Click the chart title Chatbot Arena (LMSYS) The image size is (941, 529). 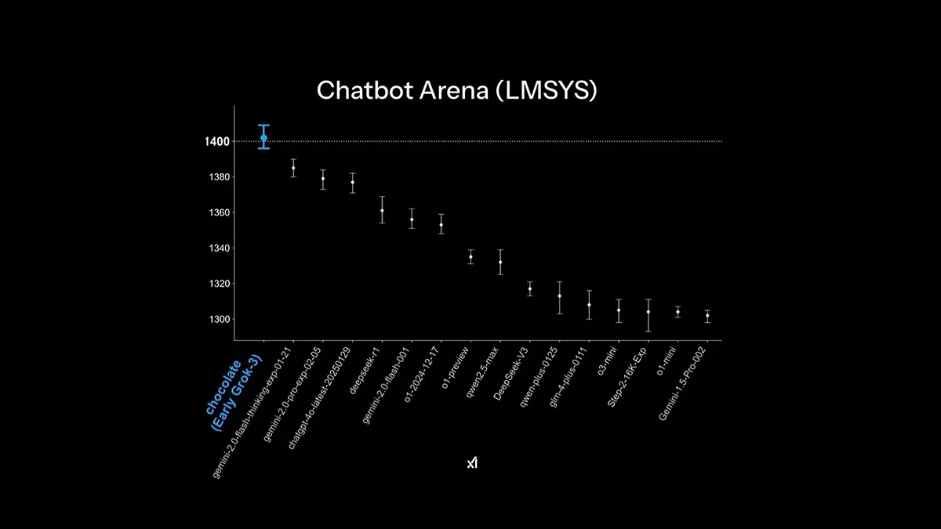pyautogui.click(x=457, y=90)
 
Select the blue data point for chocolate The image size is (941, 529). pyautogui.click(x=264, y=138)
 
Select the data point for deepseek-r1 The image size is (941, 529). pyautogui.click(x=382, y=210)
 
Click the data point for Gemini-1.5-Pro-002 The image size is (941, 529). pyautogui.click(x=707, y=315)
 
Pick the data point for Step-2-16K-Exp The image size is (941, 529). pyautogui.click(x=648, y=311)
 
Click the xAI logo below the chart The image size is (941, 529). pyautogui.click(x=471, y=463)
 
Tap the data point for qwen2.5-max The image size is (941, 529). pyautogui.click(x=500, y=262)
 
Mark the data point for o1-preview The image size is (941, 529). pyautogui.click(x=470, y=256)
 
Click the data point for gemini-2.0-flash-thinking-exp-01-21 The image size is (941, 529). pyautogui.click(x=293, y=168)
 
